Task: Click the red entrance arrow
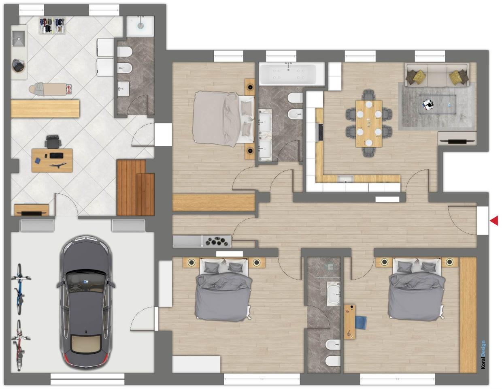click(494, 221)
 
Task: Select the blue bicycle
click(19, 289)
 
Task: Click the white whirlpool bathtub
click(291, 73)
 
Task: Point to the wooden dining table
click(368, 123)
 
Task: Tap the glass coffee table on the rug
click(437, 105)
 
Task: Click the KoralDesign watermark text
click(483, 355)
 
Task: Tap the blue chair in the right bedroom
click(360, 322)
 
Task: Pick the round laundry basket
click(18, 65)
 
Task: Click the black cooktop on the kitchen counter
click(320, 132)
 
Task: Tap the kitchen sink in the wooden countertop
click(345, 178)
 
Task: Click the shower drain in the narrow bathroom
click(330, 266)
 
